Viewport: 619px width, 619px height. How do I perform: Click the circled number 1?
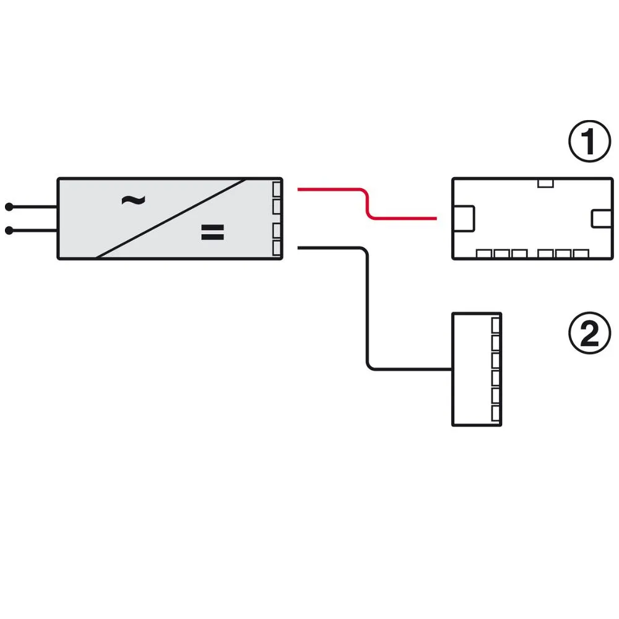(x=589, y=141)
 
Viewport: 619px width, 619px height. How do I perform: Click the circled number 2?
(x=589, y=333)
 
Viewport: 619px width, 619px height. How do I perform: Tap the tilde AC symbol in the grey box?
(x=134, y=201)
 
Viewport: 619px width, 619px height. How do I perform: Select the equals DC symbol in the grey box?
(x=212, y=232)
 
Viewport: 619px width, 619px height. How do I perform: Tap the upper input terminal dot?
(x=9, y=207)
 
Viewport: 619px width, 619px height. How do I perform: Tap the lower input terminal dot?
(x=9, y=230)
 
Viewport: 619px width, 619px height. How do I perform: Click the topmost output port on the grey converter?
(x=277, y=189)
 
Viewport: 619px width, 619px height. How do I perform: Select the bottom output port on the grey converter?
(x=277, y=248)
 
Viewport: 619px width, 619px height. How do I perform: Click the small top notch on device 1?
(x=545, y=183)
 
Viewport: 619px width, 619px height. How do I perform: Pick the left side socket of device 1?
(x=464, y=219)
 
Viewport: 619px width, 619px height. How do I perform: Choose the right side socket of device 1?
(x=602, y=219)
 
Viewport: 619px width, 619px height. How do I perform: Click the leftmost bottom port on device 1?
(x=484, y=253)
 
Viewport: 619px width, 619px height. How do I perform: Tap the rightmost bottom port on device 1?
(x=581, y=253)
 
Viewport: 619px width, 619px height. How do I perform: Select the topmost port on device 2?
(x=496, y=326)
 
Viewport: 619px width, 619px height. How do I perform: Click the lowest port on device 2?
(x=496, y=413)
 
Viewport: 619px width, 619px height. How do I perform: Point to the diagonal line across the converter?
(x=171, y=219)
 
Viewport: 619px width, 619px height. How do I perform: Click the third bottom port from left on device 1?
(x=519, y=253)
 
